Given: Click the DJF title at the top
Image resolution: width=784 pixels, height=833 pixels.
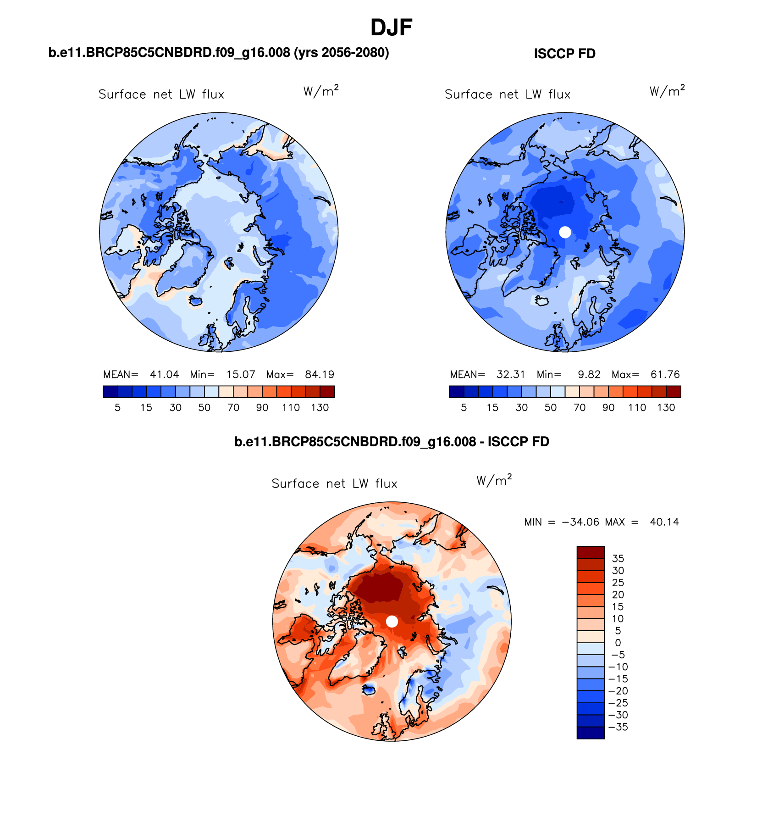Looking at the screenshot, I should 391,28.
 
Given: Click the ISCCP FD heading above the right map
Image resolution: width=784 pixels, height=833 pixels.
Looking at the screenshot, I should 564,54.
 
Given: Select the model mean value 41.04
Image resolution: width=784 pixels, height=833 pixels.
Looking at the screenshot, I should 164,374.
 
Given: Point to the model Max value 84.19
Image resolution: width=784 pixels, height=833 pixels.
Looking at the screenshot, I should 320,374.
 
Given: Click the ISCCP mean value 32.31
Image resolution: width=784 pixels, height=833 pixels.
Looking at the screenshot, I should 511,374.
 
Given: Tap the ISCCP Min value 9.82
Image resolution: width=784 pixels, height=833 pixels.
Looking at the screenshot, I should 589,374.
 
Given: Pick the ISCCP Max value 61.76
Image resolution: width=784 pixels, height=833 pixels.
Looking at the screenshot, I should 665,374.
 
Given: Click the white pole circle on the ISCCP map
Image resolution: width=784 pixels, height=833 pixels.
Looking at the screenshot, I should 565,232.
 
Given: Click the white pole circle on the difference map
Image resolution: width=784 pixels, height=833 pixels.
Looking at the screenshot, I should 392,621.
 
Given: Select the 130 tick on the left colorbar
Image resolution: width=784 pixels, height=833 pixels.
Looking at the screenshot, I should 320,407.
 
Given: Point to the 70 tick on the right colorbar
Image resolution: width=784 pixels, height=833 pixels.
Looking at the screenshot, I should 580,407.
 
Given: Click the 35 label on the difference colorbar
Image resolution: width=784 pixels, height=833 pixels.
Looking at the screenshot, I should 618,558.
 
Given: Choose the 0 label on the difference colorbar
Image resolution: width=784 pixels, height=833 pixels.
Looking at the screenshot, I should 618,643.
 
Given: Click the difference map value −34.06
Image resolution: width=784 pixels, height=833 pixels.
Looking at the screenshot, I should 580,522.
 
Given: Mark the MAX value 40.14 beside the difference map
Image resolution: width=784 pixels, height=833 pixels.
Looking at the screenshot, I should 664,522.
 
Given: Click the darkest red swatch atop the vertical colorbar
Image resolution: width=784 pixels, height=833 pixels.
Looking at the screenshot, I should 591,552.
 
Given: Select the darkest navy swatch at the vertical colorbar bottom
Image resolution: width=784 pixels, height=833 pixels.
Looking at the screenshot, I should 591,733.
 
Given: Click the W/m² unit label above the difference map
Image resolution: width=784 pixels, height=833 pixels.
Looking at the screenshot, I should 494,480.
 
